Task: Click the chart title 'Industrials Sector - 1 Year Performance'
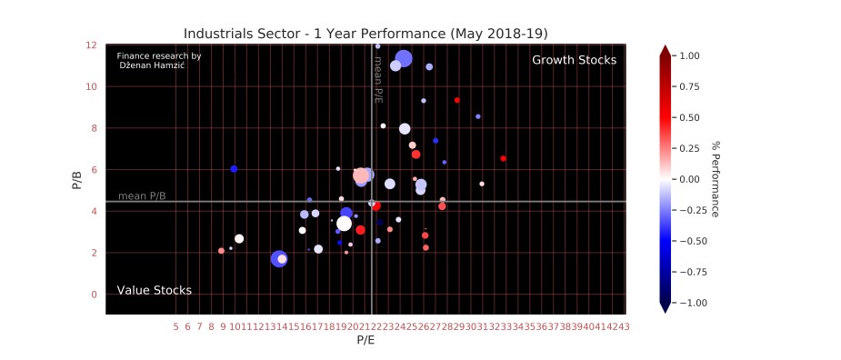pos(365,34)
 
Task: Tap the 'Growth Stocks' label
pos(574,60)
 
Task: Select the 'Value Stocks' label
pos(154,291)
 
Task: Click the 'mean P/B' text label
pos(142,195)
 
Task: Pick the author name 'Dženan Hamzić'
pos(158,65)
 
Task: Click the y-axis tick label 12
pos(92,45)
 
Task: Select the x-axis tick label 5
pos(175,326)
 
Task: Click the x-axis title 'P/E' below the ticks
pos(365,341)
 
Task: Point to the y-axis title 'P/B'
pos(76,179)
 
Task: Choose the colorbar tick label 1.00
pos(690,55)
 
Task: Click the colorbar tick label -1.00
pos(693,302)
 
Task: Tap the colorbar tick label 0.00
pos(690,179)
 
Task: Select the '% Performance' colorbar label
pos(716,178)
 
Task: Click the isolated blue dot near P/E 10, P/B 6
pos(234,169)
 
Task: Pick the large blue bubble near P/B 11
pos(404,59)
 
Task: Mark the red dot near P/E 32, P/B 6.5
pos(503,158)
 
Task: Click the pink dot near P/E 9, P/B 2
pos(221,251)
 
